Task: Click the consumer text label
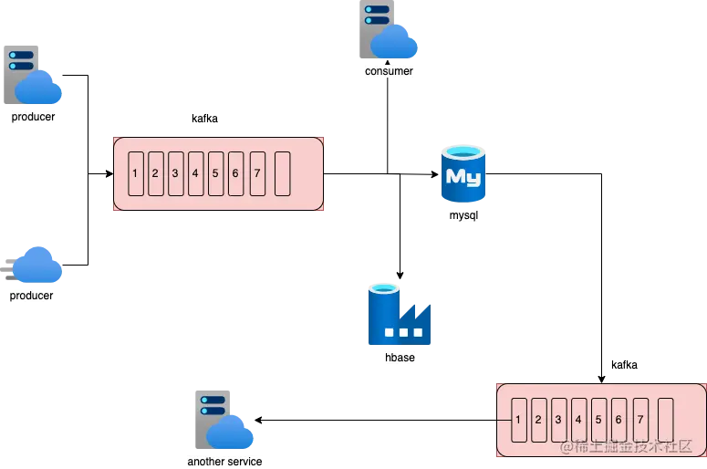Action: click(390, 70)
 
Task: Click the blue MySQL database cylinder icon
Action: click(463, 175)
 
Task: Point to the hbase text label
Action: click(400, 358)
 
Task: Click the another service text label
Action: click(224, 462)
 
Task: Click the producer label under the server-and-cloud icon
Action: click(34, 117)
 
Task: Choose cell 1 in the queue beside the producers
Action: click(135, 173)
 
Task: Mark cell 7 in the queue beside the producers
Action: click(257, 173)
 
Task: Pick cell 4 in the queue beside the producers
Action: click(195, 173)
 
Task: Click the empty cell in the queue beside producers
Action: click(282, 173)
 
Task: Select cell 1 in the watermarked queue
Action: click(518, 421)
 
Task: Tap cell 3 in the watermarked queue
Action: click(559, 421)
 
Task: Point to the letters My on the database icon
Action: click(463, 176)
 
